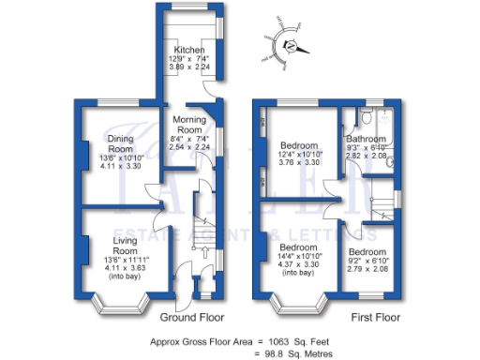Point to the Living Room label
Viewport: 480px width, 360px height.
coord(118,246)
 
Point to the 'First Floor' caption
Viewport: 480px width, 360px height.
coord(376,318)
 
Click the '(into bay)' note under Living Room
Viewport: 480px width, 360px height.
coord(118,277)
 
